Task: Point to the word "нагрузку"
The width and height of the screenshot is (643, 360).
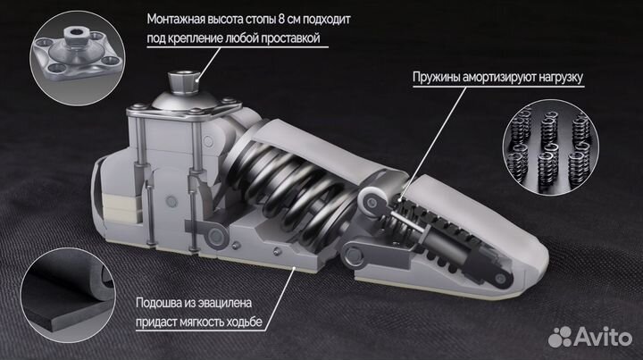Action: tap(555, 78)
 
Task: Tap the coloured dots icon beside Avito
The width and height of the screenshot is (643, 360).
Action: tap(561, 337)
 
